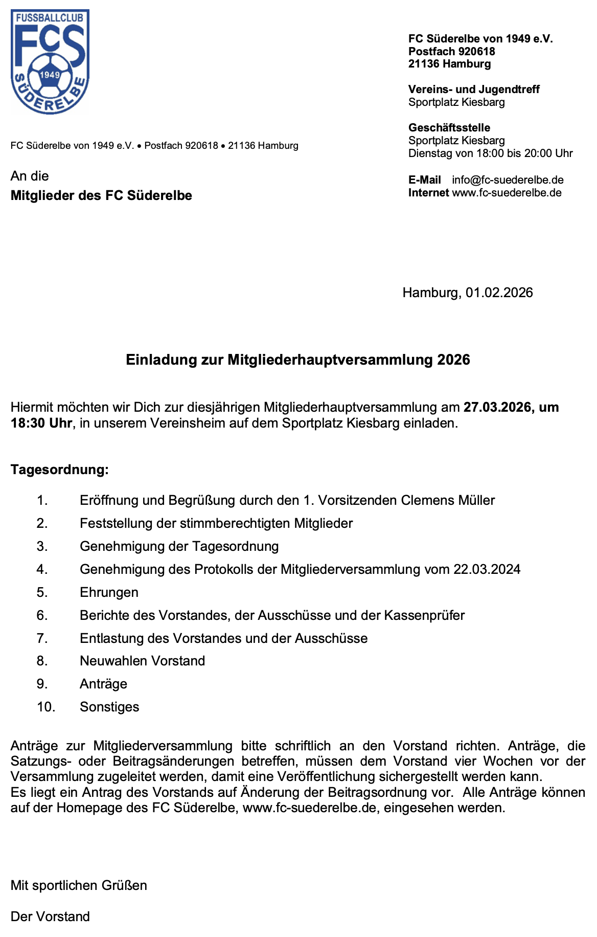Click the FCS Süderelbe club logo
point(50,61)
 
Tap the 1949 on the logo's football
point(50,75)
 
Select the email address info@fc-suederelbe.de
point(508,180)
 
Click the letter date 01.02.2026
point(499,293)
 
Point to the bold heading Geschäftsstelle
point(449,128)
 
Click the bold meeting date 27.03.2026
point(497,408)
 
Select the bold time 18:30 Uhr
point(41,423)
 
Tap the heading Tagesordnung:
point(60,470)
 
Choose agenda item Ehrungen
point(109,592)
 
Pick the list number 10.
point(46,707)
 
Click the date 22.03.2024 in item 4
point(487,569)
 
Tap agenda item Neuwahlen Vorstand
point(142,661)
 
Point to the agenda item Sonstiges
point(109,707)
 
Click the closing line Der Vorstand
point(50,917)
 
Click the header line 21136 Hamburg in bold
point(449,64)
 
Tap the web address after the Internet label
point(507,193)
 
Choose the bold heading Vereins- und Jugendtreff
point(474,90)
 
